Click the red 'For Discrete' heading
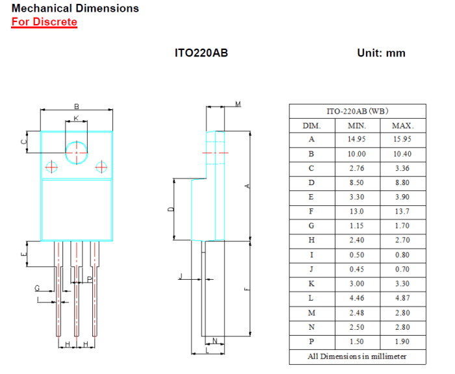click(44, 22)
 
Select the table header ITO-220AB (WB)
click(357, 111)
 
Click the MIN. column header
click(357, 125)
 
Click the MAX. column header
click(403, 125)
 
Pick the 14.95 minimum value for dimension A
click(357, 140)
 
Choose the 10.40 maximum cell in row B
click(403, 154)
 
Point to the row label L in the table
click(311, 298)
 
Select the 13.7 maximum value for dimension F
click(403, 212)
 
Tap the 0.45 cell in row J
click(357, 269)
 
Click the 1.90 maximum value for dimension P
click(403, 342)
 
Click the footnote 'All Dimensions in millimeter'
click(357, 356)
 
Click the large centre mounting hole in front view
click(77, 153)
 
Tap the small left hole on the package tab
click(52, 167)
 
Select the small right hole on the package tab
click(101, 167)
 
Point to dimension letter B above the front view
click(76, 106)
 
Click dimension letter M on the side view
click(238, 104)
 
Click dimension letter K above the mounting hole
click(76, 118)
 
